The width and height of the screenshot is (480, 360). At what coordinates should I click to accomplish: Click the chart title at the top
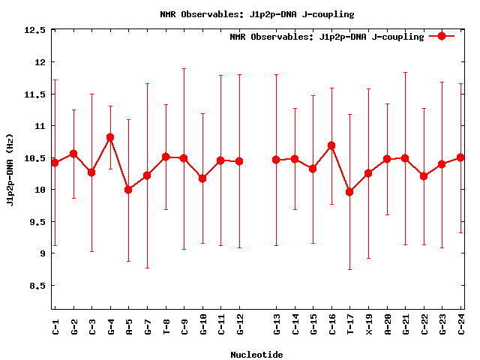click(257, 14)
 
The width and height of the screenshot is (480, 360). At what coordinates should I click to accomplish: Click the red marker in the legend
click(442, 36)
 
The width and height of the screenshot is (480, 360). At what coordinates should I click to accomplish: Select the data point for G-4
click(110, 137)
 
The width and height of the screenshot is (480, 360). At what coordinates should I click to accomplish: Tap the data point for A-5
click(128, 190)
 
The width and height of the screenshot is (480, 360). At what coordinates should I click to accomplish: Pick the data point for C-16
click(331, 145)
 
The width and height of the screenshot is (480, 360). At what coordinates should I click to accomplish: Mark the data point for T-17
click(349, 192)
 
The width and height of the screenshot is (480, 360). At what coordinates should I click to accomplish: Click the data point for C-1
click(55, 163)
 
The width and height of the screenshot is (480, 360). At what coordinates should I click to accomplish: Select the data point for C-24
click(460, 157)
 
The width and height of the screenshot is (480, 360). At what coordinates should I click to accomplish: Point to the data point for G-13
click(276, 160)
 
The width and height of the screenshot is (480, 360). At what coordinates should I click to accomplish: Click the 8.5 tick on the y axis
click(37, 286)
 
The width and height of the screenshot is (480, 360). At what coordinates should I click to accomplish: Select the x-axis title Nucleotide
click(256, 355)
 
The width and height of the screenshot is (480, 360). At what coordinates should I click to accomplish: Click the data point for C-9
click(184, 158)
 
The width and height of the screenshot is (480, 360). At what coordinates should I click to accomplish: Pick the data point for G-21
click(405, 158)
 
